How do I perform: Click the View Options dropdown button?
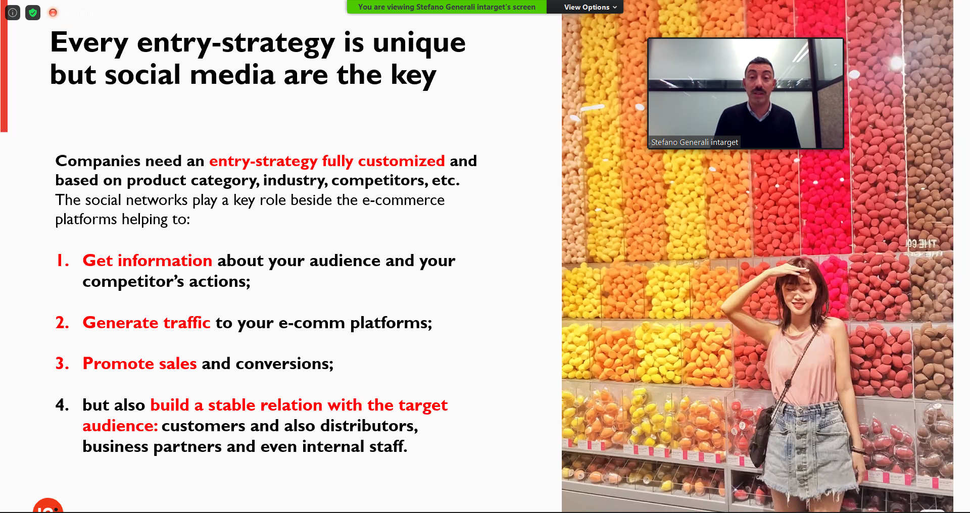coord(590,7)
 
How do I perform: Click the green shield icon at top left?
coord(33,13)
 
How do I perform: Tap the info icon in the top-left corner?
coord(13,13)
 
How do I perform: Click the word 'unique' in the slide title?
coord(419,43)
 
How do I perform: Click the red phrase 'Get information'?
coord(147,261)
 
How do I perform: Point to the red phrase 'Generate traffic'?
coord(147,323)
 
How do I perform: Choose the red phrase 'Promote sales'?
coord(139,364)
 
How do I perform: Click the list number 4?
coord(62,405)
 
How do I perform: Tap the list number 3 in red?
coord(62,364)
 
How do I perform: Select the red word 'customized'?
coord(401,161)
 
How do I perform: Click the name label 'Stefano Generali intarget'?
coord(694,142)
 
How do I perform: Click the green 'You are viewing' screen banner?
coord(447,7)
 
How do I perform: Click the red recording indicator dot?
coord(53,13)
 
